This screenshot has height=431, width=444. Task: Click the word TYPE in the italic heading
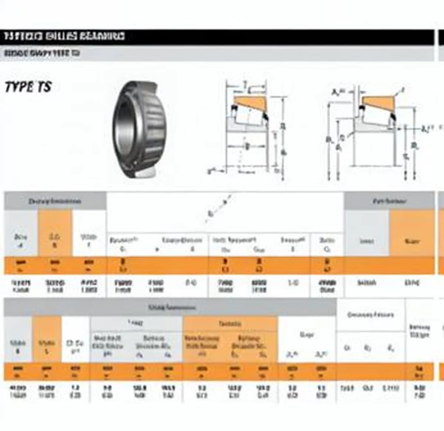coord(18,87)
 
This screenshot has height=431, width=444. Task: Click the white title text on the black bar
coord(64,36)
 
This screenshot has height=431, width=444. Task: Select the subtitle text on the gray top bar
coord(41,53)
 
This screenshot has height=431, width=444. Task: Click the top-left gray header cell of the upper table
coord(55,201)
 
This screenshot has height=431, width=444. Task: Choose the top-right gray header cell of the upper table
coord(389,201)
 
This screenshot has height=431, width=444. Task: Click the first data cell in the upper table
coord(21,286)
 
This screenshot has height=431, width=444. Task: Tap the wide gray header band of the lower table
coord(170,307)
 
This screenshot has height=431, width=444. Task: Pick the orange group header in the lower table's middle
coord(230,324)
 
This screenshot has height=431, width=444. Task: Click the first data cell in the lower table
coord(18,391)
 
